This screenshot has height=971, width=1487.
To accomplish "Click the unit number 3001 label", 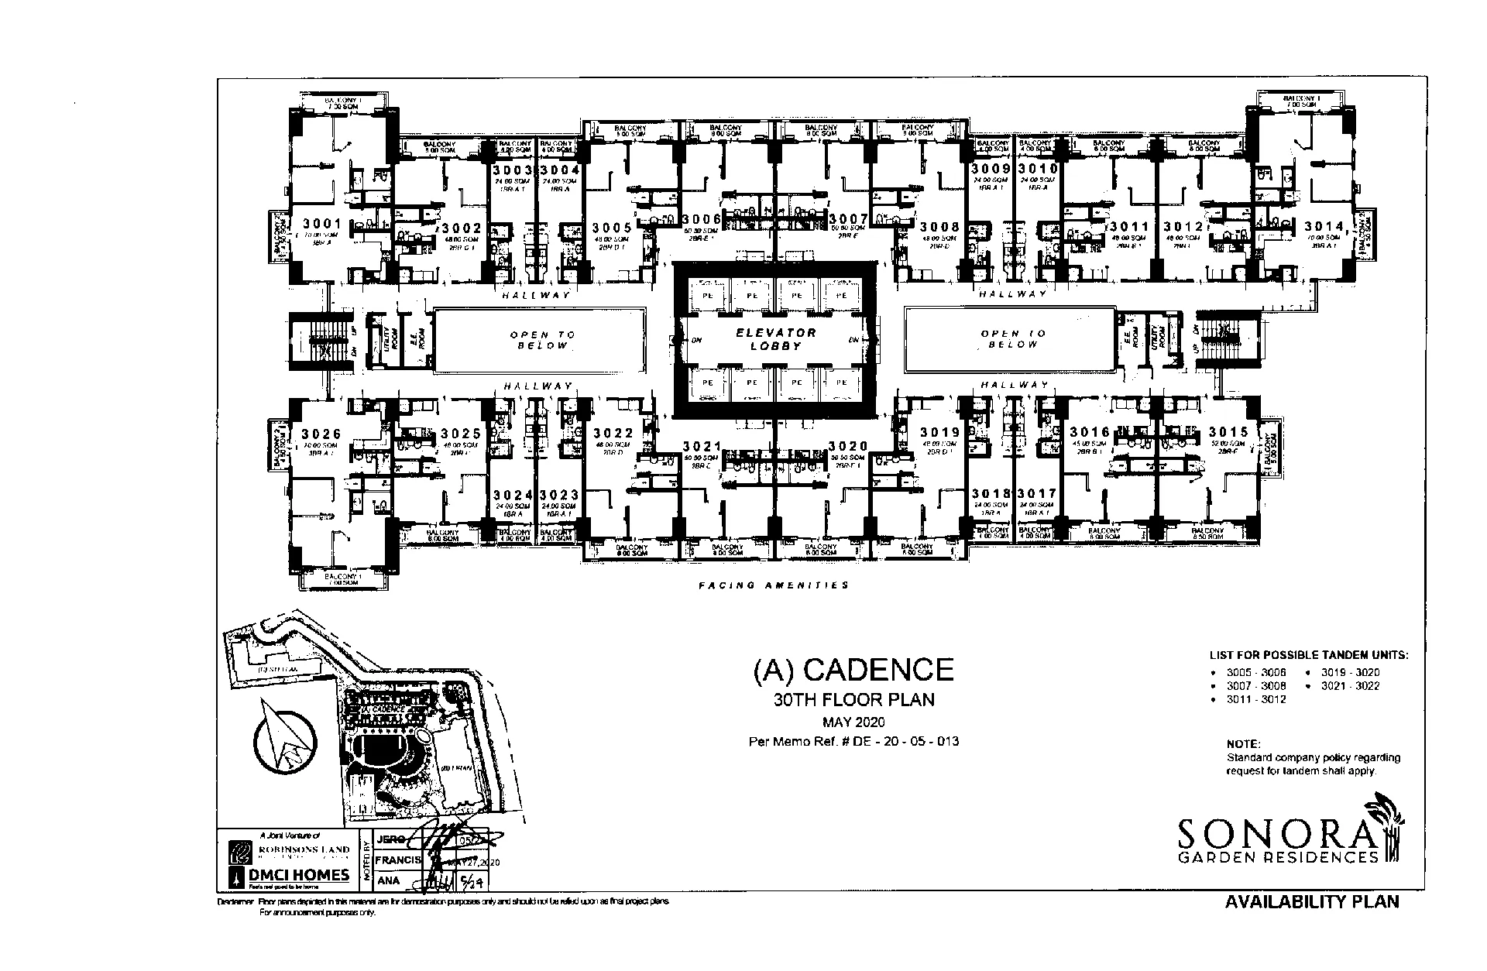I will (321, 224).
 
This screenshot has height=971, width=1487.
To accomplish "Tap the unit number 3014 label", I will (1324, 226).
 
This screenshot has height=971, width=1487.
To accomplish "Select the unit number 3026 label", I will (321, 434).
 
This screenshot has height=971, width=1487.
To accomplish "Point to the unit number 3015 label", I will (1228, 432).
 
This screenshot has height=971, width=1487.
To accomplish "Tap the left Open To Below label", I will (542, 340).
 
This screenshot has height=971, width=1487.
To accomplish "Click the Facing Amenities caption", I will (773, 585).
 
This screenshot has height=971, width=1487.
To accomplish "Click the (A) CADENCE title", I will (853, 669).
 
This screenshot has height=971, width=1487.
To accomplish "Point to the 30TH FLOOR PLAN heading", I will (853, 700).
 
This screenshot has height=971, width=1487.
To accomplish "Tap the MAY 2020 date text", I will (853, 723).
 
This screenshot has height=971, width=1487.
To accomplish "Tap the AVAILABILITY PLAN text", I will (1312, 902).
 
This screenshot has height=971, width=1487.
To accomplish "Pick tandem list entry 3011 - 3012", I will (1255, 699).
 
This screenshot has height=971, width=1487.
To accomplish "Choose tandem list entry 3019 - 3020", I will (1350, 672).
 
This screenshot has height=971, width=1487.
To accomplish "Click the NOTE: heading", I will (1243, 744).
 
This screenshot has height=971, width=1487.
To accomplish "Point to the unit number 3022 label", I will (613, 434).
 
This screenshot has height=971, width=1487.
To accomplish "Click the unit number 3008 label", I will (939, 227).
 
